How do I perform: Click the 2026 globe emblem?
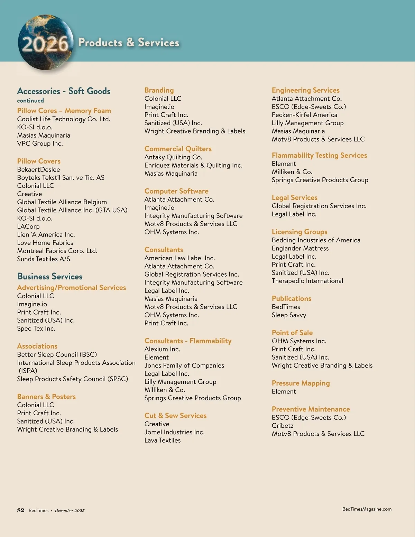point(45,43)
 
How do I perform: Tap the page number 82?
point(21,510)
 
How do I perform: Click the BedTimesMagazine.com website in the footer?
point(367,509)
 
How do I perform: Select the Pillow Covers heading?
point(39,161)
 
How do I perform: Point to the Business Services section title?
point(50,277)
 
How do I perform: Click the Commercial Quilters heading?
point(178,149)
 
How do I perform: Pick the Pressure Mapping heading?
point(301,383)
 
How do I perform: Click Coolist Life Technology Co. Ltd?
point(64,119)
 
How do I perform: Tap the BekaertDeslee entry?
point(38,169)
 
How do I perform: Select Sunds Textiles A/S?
point(44,259)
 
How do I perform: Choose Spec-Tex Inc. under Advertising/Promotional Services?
point(36,328)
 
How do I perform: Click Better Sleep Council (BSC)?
point(57,354)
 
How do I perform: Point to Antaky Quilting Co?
point(173,157)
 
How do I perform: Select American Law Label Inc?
point(179,258)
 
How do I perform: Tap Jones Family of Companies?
point(184,365)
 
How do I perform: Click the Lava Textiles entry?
point(163,440)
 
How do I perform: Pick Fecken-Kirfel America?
point(304,115)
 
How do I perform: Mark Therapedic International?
point(307,281)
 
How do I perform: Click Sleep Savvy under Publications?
point(289,315)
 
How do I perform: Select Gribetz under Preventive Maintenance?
point(283,426)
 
